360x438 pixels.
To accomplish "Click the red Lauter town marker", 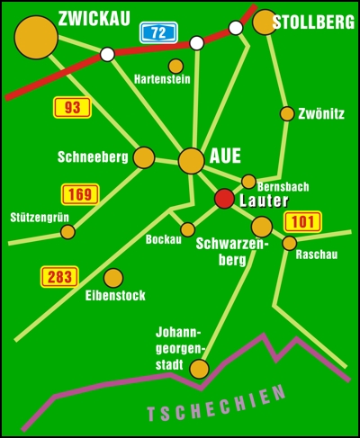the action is tap(224, 199).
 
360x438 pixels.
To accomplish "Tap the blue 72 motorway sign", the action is tap(158, 32).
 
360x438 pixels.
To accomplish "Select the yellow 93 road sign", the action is tap(72, 107).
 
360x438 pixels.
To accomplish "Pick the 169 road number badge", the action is tap(80, 194).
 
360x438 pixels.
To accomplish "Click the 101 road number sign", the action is tap(302, 222).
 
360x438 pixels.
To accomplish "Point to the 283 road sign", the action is tap(59, 277).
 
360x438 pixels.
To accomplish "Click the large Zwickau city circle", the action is tap(36, 38).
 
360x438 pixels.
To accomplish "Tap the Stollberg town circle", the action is tap(265, 22).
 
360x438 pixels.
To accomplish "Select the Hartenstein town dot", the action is tap(175, 67).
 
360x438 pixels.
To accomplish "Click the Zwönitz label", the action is tap(321, 114).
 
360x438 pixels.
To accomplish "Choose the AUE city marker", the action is tap(192, 161).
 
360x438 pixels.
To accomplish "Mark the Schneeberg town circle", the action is tap(144, 157).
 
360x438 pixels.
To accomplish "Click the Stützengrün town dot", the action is tap(67, 232).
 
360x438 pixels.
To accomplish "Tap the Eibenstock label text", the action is tap(115, 296).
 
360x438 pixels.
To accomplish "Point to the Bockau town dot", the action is tap(188, 229).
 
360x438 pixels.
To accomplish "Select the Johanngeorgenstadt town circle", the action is tap(200, 369).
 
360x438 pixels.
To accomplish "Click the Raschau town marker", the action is tap(290, 243).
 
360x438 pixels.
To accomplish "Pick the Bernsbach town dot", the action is tap(248, 182).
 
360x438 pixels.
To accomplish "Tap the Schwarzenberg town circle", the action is tap(262, 227).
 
